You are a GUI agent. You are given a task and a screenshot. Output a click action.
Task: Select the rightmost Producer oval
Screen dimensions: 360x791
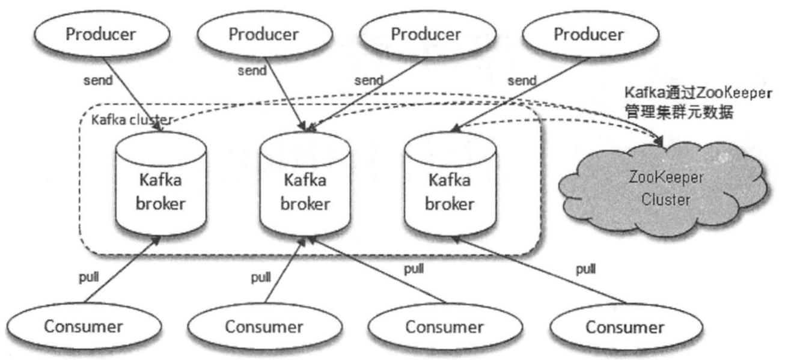pyautogui.click(x=588, y=34)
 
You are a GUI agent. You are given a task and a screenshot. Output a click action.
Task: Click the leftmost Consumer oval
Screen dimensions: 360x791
pyautogui.click(x=85, y=326)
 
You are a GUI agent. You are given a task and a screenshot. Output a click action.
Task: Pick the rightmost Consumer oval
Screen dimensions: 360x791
pyautogui.click(x=625, y=328)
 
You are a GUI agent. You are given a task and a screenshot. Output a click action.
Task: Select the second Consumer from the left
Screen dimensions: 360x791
pyautogui.click(x=264, y=328)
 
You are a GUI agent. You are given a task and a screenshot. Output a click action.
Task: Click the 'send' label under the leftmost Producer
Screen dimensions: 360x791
pyautogui.click(x=98, y=81)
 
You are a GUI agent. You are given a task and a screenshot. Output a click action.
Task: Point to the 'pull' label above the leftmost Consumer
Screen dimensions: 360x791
pyautogui.click(x=90, y=279)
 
